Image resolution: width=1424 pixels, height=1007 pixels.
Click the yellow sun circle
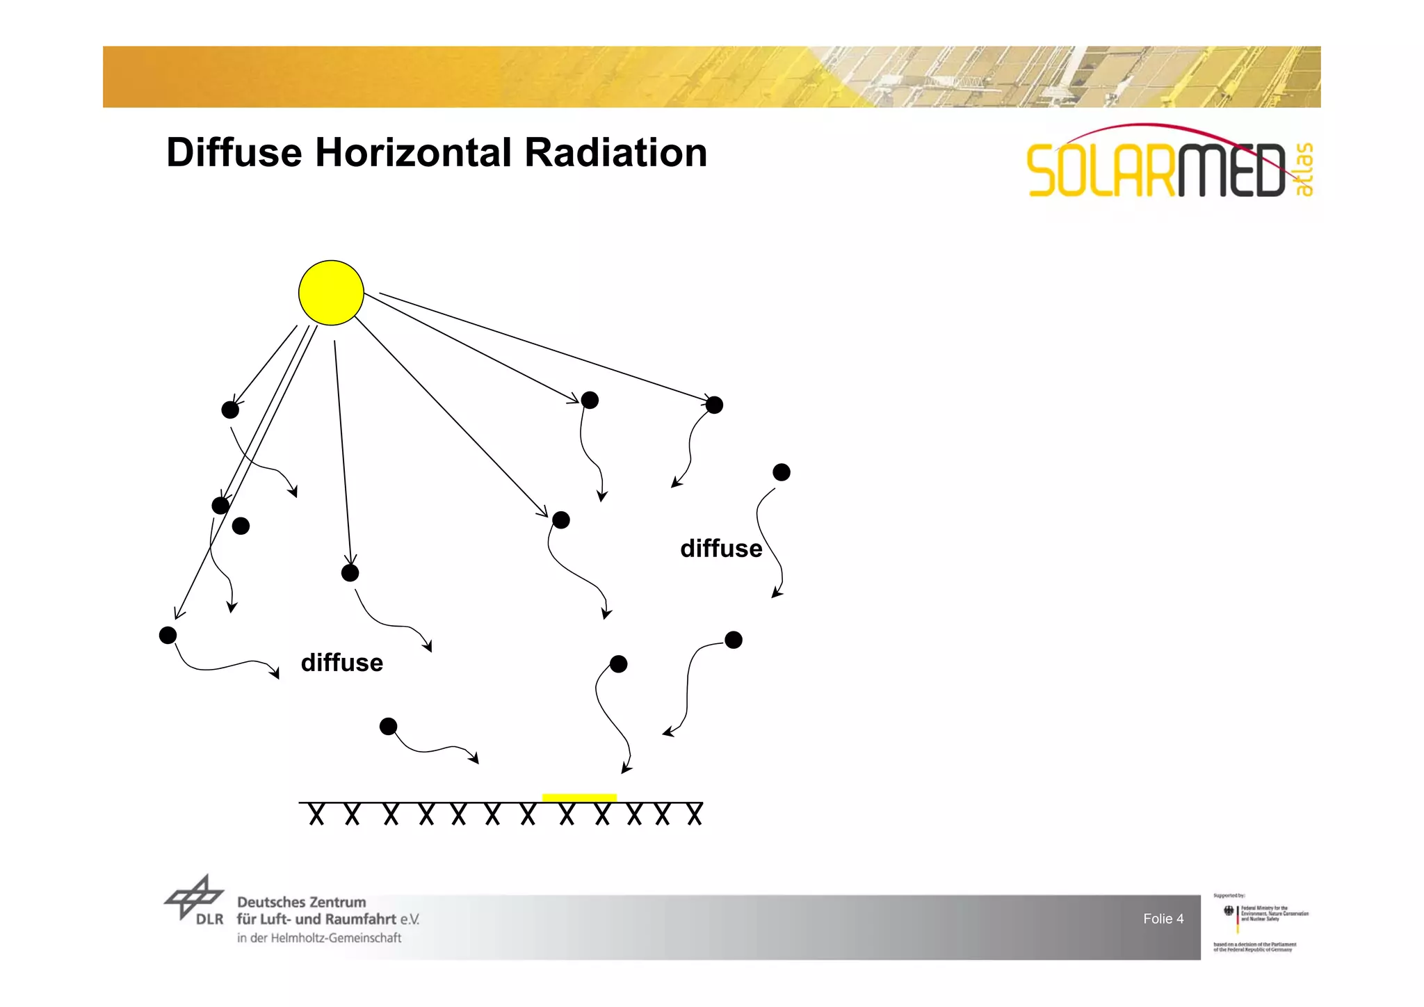pos(331,293)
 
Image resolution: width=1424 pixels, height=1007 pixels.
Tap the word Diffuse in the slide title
pos(234,152)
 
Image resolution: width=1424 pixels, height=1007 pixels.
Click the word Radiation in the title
pos(615,152)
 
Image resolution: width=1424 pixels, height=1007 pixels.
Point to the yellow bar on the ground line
pos(579,797)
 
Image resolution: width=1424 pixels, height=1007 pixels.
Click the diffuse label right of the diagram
pos(721,549)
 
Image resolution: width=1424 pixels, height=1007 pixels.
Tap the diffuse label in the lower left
pos(341,663)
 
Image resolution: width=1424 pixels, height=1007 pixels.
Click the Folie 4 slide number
pos(1163,919)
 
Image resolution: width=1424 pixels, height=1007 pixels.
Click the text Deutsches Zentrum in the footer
pos(301,902)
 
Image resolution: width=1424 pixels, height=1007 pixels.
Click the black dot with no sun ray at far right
pos(782,472)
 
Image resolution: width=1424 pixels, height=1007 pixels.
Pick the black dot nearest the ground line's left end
pos(388,727)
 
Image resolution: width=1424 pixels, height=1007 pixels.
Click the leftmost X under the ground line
pos(316,814)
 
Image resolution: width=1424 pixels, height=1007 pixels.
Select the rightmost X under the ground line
pos(695,814)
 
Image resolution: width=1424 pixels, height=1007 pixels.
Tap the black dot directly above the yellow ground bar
pos(618,664)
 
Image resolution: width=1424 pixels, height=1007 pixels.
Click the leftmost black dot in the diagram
pos(168,635)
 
